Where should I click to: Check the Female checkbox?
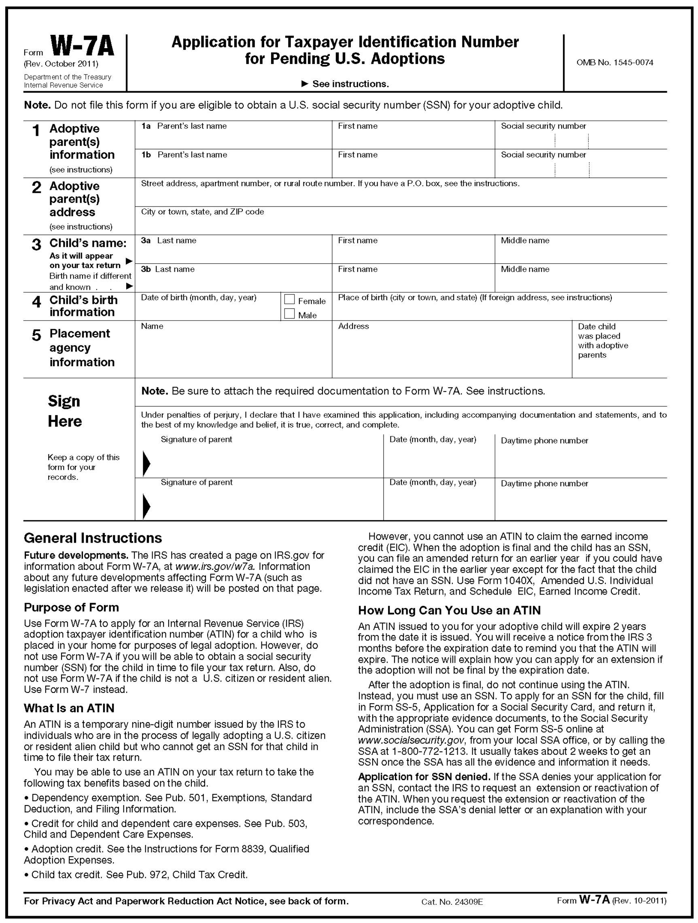[289, 300]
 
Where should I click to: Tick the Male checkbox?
[289, 314]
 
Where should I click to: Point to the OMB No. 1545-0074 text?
[615, 63]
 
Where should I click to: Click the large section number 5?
[37, 335]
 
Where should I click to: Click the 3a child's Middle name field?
[580, 253]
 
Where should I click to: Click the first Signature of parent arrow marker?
[146, 463]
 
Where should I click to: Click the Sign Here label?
[65, 411]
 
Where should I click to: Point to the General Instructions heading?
[93, 538]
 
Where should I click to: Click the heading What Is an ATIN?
[69, 708]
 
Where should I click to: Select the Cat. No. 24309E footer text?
[452, 902]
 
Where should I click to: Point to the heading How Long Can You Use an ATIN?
[449, 610]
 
